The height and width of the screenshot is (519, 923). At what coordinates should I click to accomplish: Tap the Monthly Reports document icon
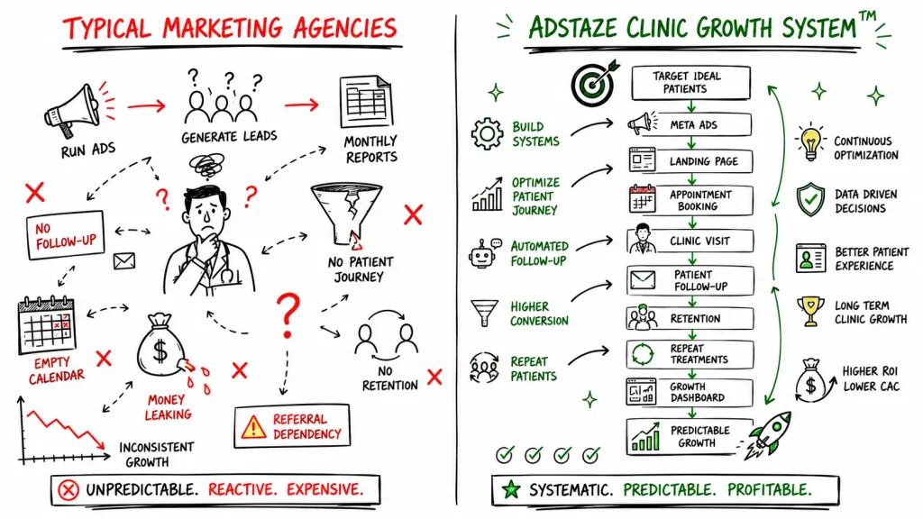pos(366,101)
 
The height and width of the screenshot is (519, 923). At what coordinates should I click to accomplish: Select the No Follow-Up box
pos(65,235)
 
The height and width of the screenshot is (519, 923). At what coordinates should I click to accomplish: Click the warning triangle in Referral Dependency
pos(253,426)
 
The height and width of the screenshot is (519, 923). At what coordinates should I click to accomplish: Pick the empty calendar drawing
pos(47,325)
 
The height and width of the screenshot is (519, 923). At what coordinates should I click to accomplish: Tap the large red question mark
pos(288,315)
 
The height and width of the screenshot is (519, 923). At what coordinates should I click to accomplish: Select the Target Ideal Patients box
pos(690,83)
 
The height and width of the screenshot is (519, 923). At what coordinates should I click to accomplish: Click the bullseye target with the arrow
pos(594,83)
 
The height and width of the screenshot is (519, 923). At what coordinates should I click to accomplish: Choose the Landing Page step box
pos(690,160)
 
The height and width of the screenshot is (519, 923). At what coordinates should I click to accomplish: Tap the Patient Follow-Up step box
pos(690,280)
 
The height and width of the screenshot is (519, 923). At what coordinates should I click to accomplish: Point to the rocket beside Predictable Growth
pos(770,435)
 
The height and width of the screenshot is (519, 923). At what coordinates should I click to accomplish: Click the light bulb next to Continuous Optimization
pos(810,143)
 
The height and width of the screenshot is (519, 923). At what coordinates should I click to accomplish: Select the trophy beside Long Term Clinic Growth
pos(810,311)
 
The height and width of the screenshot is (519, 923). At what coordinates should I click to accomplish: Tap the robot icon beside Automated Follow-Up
pos(484,253)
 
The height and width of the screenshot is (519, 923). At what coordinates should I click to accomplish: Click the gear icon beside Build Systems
pos(487,133)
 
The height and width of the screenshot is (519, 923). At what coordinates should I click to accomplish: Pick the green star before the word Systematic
pos(511,489)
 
